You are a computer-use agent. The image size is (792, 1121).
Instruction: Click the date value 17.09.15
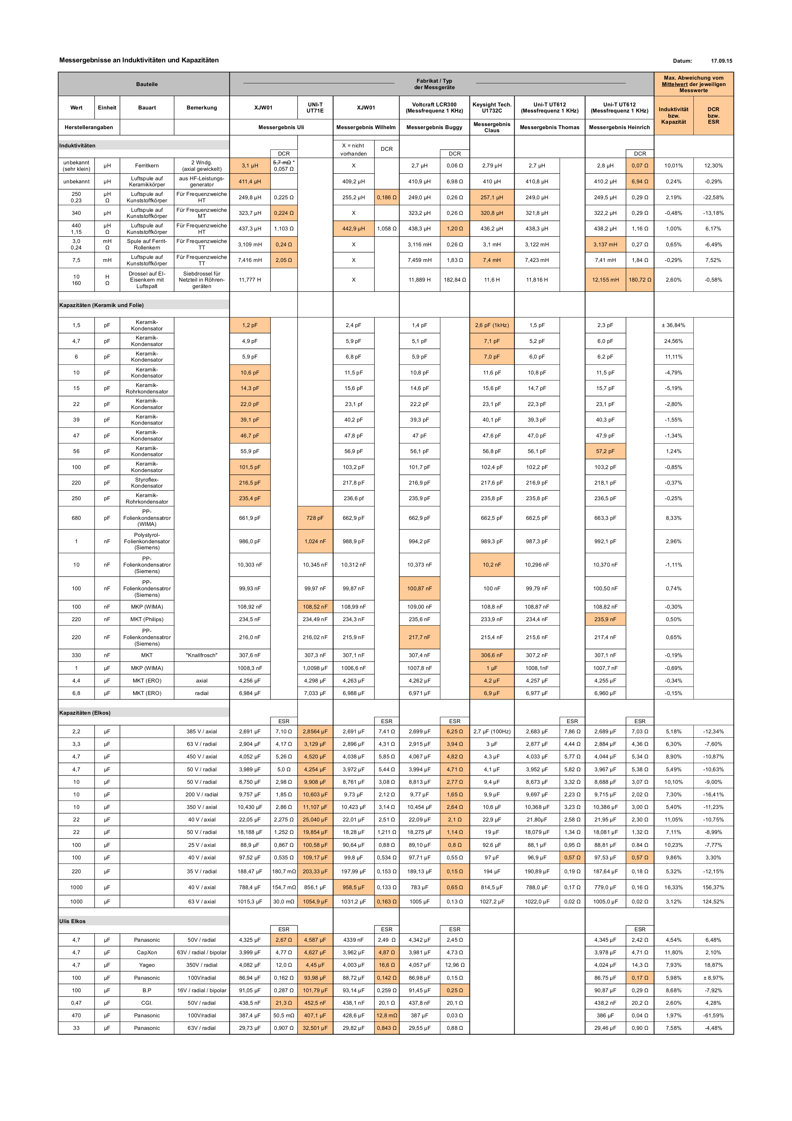721,61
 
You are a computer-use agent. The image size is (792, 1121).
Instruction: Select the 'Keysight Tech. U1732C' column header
492,107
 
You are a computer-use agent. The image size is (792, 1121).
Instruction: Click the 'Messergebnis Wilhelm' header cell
366,127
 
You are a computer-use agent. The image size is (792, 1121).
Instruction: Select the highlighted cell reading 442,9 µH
353,228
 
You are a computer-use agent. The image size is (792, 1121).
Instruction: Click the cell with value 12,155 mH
605,280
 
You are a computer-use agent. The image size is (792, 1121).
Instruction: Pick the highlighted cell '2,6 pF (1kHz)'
492,325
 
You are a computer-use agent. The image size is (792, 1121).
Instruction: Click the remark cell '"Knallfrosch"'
202,655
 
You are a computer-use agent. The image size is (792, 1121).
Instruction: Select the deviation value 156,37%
713,887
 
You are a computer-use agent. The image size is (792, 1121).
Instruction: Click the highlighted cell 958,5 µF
353,887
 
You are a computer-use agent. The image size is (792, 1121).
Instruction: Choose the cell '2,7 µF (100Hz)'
492,731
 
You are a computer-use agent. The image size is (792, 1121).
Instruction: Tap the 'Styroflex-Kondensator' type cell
147,483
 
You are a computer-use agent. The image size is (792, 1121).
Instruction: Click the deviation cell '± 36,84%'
673,325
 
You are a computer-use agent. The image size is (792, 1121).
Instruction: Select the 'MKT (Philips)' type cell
147,619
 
